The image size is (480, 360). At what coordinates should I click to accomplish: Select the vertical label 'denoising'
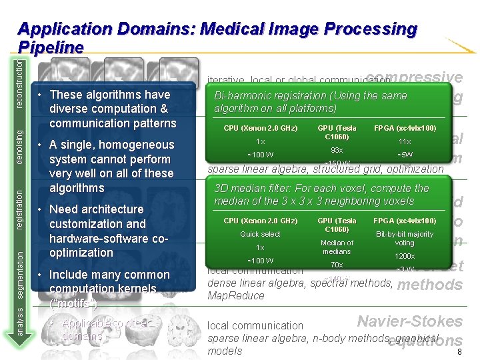[x=20, y=147]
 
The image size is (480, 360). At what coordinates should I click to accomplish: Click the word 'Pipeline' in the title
[x=51, y=48]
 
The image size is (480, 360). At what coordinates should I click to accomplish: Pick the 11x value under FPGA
[x=405, y=141]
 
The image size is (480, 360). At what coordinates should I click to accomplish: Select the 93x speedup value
[x=337, y=150]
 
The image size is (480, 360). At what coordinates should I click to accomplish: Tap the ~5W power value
[x=405, y=155]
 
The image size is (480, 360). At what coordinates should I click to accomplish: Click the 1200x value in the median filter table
[x=405, y=256]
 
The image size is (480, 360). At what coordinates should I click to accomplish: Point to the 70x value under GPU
[x=337, y=265]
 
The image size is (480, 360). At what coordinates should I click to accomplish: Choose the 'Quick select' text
[x=260, y=234]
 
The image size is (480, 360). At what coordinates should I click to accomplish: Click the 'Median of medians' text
[x=337, y=247]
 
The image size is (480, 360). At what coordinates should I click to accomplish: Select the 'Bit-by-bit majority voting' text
[x=405, y=239]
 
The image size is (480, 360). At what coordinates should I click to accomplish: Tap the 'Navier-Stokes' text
[x=409, y=321]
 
